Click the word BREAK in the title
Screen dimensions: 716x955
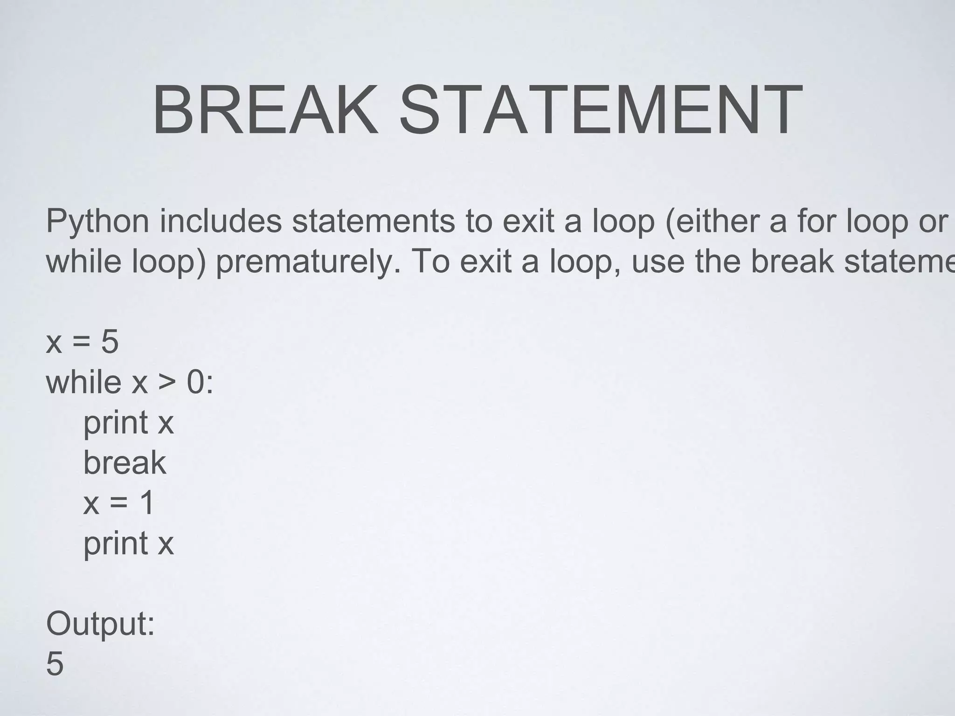click(x=265, y=110)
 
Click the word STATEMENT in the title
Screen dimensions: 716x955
click(x=601, y=110)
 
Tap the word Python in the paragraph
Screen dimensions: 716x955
click(x=97, y=222)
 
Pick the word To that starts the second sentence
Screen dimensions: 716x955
click(x=430, y=261)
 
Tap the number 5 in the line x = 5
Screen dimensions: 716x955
click(x=110, y=342)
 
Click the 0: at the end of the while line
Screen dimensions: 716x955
click(x=200, y=382)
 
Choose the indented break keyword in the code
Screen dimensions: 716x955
click(x=125, y=463)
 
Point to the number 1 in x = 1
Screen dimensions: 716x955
click(x=147, y=503)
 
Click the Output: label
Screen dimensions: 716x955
click(x=100, y=624)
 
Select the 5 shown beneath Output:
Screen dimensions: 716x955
click(x=55, y=664)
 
